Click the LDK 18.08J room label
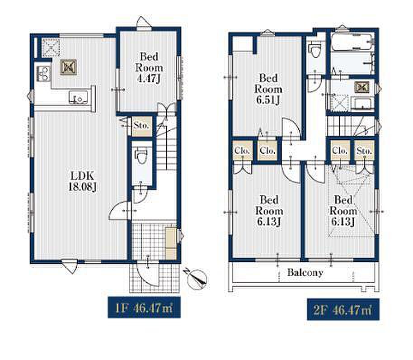pos(82,181)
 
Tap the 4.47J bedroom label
pos(149,68)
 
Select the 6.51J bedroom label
pos(268,89)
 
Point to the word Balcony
pos(305,272)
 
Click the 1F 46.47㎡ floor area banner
pos(144,307)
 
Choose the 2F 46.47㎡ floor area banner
pos(343,309)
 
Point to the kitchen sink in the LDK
pos(78,97)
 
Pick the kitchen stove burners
pos(43,73)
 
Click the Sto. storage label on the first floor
pos(141,125)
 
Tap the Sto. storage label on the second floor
pos(364,151)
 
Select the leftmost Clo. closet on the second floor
pos(242,151)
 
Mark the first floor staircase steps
pos(167,147)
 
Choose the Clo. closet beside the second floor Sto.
pos(339,151)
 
